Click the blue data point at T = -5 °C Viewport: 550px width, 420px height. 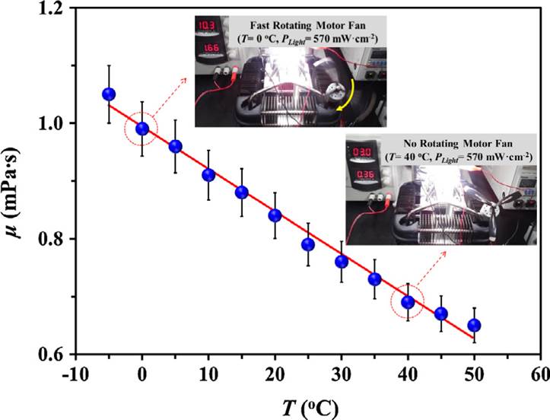click(109, 94)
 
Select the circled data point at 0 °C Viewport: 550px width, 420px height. click(142, 129)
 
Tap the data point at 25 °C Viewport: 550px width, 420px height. click(308, 244)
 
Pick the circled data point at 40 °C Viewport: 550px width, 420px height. click(408, 302)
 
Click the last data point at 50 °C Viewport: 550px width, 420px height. click(474, 326)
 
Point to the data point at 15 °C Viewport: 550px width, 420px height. click(242, 192)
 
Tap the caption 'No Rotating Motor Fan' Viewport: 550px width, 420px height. click(447, 143)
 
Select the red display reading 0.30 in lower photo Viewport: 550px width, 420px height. click(361, 152)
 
